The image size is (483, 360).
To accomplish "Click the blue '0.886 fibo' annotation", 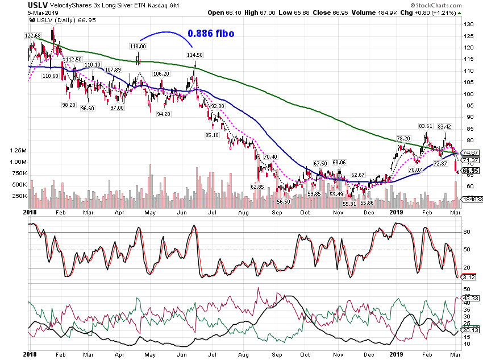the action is [x=211, y=34].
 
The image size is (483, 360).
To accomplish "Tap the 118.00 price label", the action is [x=138, y=46].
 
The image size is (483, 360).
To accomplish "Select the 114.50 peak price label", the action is [x=195, y=55].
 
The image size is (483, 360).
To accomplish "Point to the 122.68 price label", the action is [x=33, y=35].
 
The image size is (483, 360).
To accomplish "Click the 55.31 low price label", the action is [x=349, y=204].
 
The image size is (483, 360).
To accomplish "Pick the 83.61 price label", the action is [x=426, y=126].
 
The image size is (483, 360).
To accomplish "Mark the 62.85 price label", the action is [x=257, y=187].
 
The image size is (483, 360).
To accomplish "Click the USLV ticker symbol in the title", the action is [x=38, y=5].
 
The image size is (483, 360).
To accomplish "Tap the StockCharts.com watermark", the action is [x=436, y=5].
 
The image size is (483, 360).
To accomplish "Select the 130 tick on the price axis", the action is [x=469, y=24].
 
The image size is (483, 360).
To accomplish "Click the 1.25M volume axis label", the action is [x=18, y=150].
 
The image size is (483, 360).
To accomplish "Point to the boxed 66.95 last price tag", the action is [x=470, y=171].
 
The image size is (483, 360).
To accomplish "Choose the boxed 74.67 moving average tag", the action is [x=470, y=152].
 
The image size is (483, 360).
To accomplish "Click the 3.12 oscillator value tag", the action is [x=469, y=277].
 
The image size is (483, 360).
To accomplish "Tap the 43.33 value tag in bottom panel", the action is [x=470, y=298].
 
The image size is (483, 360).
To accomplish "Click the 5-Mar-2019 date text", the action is [x=43, y=13].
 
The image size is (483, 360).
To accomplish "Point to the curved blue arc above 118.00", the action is [x=166, y=32].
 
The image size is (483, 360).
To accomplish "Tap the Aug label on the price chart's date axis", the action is [x=243, y=212].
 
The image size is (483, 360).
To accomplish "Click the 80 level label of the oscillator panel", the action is [x=467, y=232].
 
